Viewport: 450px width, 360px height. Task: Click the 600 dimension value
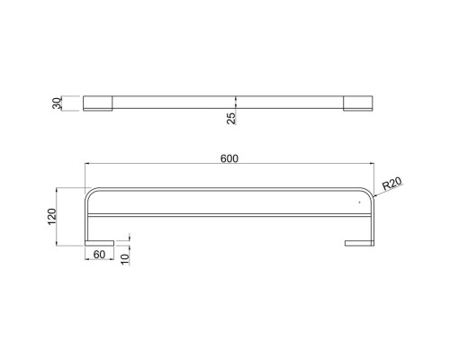click(229, 158)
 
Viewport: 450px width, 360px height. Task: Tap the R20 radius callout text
click(392, 183)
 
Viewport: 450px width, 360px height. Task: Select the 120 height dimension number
click(52, 217)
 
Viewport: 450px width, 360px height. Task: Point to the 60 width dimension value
click(99, 255)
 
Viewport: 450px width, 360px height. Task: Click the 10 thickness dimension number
click(125, 259)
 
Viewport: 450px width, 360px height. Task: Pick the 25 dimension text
click(231, 118)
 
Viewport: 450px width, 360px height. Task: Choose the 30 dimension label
click(57, 103)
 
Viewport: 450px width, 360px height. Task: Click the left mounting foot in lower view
click(99, 243)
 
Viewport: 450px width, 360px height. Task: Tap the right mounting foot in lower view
click(359, 243)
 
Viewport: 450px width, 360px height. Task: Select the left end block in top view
click(98, 103)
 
